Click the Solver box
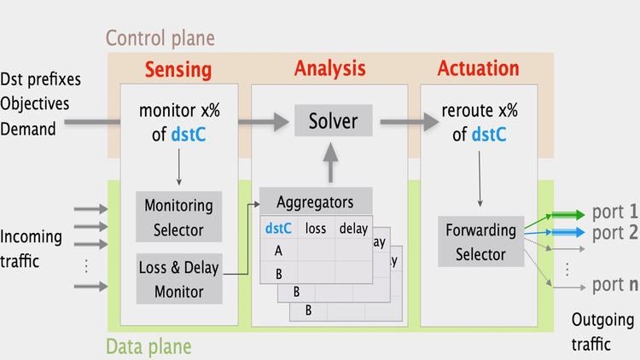(333, 121)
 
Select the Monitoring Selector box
(179, 217)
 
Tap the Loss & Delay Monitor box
(179, 279)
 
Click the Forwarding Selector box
(480, 241)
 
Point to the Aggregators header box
(315, 202)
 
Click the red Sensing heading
(177, 69)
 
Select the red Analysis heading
(329, 69)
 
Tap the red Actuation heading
(478, 69)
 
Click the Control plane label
(160, 38)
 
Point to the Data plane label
(148, 346)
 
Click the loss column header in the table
(316, 228)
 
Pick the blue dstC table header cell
(278, 228)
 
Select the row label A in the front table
(278, 251)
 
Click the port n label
(615, 284)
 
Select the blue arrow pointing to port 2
(563, 231)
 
